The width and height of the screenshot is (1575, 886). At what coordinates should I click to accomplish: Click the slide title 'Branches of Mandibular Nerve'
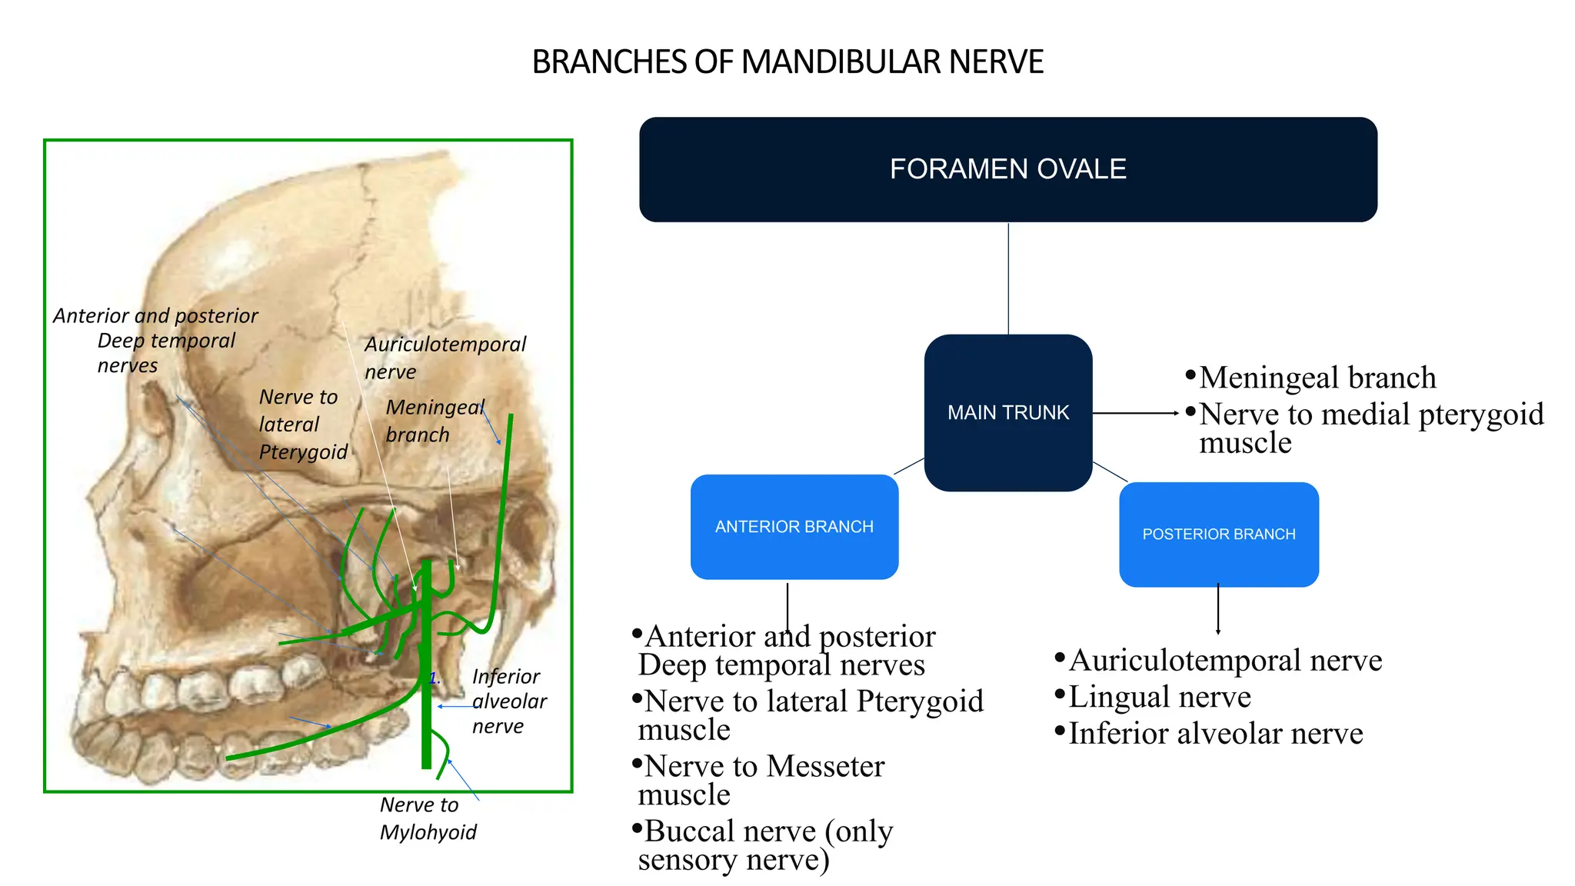[x=787, y=62]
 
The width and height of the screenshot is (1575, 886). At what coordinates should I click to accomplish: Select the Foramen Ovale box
[x=1007, y=169]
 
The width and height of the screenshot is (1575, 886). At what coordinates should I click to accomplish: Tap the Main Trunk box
[x=1007, y=412]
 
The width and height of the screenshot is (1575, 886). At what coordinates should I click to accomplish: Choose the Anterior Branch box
[x=794, y=527]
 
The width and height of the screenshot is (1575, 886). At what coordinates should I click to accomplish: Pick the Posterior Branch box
[x=1218, y=535]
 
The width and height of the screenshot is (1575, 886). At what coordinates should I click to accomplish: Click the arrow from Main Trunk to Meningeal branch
[x=1135, y=413]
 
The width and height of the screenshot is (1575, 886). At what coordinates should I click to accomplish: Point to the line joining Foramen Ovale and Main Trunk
[x=1008, y=278]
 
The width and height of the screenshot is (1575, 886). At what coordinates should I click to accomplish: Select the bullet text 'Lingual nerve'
[x=1159, y=697]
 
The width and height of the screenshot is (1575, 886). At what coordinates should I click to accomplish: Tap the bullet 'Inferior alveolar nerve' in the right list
[x=1215, y=734]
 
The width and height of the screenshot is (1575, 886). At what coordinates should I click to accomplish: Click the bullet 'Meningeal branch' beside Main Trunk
[x=1317, y=378]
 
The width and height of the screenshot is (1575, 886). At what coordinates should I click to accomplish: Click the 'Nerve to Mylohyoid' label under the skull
[x=428, y=818]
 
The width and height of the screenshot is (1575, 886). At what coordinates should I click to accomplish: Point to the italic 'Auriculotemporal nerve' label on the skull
[x=445, y=358]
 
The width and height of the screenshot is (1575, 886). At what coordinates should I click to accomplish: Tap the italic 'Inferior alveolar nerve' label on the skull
[x=508, y=701]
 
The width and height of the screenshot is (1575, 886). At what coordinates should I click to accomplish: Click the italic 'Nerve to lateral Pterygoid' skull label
[x=303, y=425]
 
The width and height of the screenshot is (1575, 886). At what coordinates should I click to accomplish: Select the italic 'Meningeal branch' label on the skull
[x=434, y=421]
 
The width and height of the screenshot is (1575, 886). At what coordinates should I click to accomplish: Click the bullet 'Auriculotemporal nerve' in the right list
[x=1224, y=661]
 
